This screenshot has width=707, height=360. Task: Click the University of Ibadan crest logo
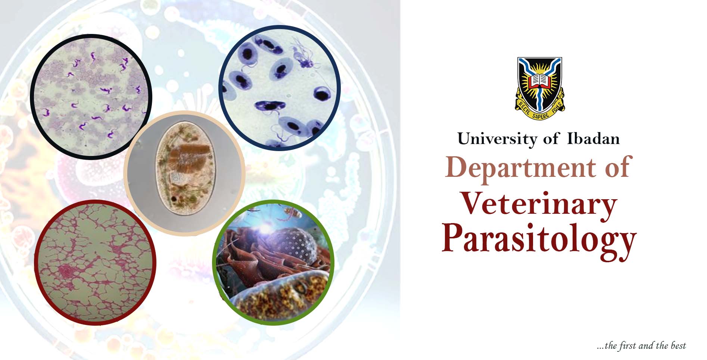coord(539,88)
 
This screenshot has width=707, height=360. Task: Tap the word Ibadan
coord(593,139)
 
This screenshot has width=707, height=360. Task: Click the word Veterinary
coord(539,204)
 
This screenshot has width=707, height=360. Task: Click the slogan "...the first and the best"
coord(641,346)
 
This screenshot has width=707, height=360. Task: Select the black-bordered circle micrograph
coord(91,97)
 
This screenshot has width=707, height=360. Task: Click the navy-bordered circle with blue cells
coord(279,88)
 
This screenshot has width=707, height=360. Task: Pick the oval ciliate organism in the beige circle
coord(186,171)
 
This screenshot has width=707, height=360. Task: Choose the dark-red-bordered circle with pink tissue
coord(95,262)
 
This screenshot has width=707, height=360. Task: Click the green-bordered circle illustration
coord(273,262)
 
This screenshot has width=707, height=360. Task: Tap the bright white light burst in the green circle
coord(266,226)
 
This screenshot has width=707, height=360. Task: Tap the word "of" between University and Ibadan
coord(551,139)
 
